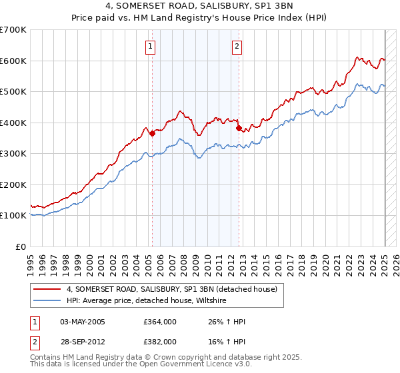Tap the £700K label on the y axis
[x=13, y=30]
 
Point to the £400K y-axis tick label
[x=13, y=123]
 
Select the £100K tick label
[x=13, y=216]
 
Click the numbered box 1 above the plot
[x=151, y=47]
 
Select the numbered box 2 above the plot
[x=237, y=47]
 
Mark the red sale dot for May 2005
[x=152, y=134]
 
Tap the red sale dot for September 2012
[x=239, y=128]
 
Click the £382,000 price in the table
[x=159, y=341]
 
